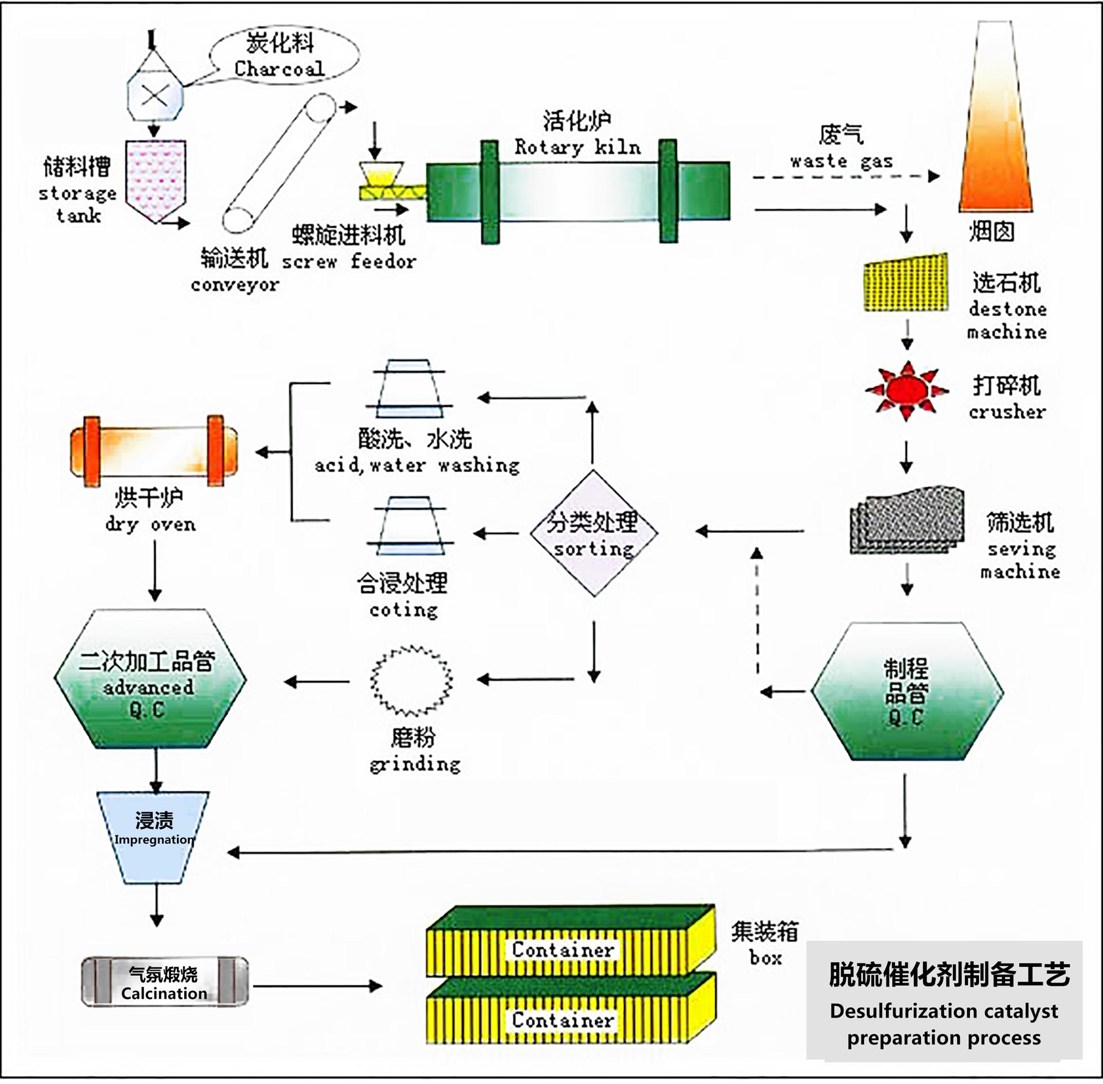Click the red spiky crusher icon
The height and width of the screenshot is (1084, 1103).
coord(907,391)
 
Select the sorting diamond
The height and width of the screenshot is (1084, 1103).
coord(593,533)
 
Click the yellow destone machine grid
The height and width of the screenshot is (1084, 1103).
coord(906,283)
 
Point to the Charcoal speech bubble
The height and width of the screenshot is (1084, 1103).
coord(283,55)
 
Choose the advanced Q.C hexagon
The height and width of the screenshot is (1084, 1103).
coord(150,679)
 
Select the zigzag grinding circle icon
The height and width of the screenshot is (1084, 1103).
coord(411,681)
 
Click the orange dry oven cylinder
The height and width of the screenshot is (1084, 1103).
coord(154,451)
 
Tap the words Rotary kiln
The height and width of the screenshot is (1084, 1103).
coord(577,148)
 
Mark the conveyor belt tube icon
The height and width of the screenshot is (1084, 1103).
coord(279,163)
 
